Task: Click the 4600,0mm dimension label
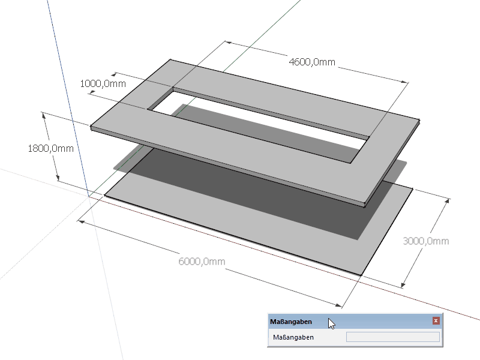point(311,62)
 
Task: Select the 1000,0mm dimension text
point(103,84)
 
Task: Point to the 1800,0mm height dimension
point(50,148)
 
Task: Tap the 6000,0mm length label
point(202,262)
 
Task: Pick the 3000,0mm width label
point(425,241)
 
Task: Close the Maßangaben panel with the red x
point(436,321)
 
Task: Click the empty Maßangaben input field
point(392,337)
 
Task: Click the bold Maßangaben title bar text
point(291,322)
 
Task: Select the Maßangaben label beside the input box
point(294,337)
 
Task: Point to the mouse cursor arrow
point(331,323)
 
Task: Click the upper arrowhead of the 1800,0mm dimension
point(43,115)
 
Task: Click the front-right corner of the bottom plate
point(361,275)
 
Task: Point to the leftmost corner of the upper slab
point(91,127)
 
